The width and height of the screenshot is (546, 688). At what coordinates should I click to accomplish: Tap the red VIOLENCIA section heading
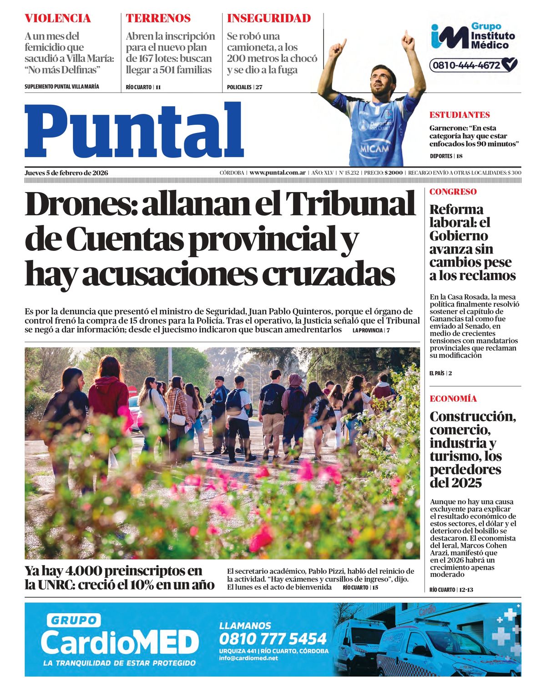pyautogui.click(x=58, y=19)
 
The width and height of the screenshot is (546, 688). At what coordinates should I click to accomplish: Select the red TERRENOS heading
pyautogui.click(x=158, y=19)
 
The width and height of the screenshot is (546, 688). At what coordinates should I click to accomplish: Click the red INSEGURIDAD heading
pyautogui.click(x=269, y=19)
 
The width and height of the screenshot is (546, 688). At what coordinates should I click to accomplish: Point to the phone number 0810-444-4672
pyautogui.click(x=466, y=65)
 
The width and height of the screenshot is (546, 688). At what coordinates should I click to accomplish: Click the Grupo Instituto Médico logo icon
pyautogui.click(x=449, y=37)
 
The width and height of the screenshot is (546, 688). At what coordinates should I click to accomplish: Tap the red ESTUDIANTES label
pyautogui.click(x=460, y=115)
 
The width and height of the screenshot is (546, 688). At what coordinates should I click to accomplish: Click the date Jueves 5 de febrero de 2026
pyautogui.click(x=66, y=173)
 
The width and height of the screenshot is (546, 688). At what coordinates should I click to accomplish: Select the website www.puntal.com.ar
pyautogui.click(x=277, y=173)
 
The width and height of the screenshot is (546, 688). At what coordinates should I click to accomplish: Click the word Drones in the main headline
pyautogui.click(x=80, y=204)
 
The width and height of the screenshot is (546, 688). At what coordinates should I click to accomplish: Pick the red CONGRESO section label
pyautogui.click(x=453, y=192)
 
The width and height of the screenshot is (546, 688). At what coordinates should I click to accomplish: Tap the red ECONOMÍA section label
pyautogui.click(x=453, y=399)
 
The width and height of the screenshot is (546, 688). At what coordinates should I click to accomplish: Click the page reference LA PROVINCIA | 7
pyautogui.click(x=371, y=330)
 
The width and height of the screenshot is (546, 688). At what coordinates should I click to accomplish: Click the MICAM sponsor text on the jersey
pyautogui.click(x=375, y=148)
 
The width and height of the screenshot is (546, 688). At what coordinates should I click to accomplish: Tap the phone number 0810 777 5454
pyautogui.click(x=273, y=638)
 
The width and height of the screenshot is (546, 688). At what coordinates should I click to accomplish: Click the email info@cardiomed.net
pyautogui.click(x=248, y=658)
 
